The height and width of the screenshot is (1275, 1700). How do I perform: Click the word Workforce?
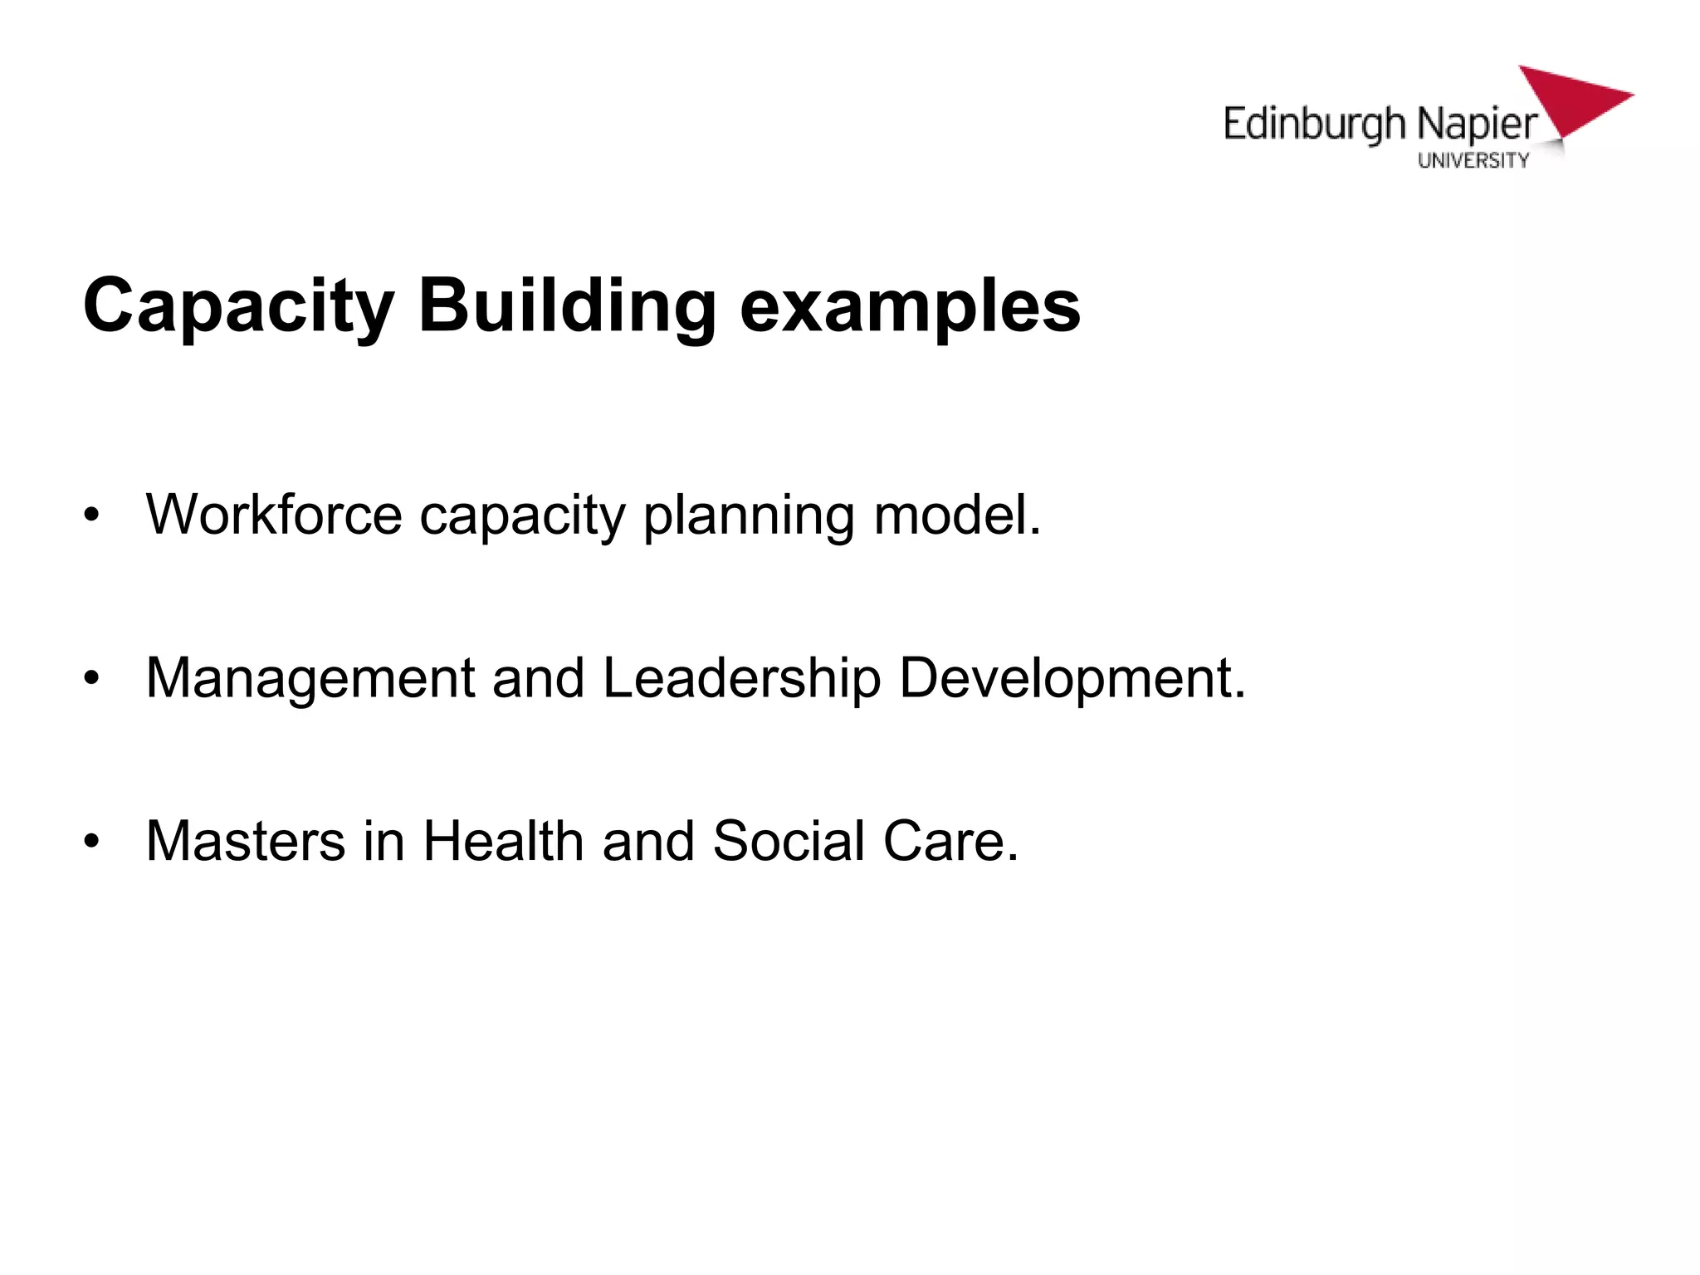click(x=274, y=515)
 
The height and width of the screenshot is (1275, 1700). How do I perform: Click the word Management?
click(x=310, y=678)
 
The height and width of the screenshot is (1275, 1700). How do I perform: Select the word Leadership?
click(x=741, y=678)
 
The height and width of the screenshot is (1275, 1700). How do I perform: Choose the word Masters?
click(x=246, y=841)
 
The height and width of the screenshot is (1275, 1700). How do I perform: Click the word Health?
click(x=504, y=841)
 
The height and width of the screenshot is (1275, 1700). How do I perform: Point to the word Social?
click(x=789, y=841)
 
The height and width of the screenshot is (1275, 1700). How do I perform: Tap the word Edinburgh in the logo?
click(x=1315, y=125)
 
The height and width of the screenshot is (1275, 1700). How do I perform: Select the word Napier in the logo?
click(x=1478, y=125)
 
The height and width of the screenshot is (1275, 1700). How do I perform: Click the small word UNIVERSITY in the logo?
click(x=1473, y=161)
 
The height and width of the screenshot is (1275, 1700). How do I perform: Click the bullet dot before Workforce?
click(x=91, y=515)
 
